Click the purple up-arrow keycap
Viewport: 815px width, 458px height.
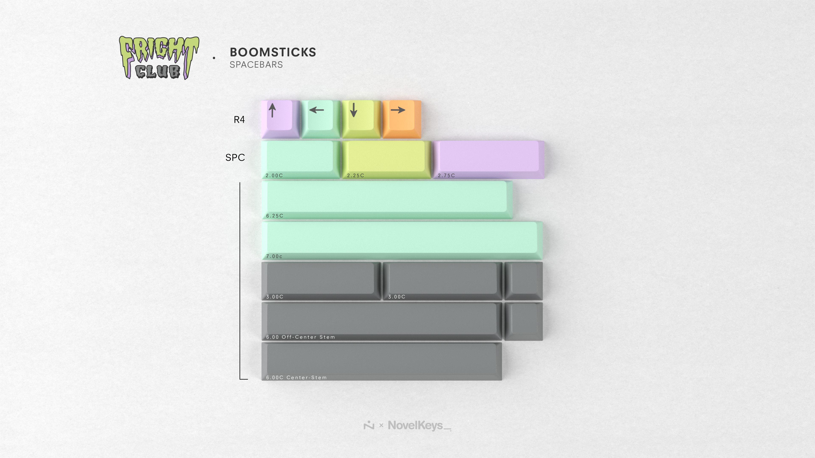(x=280, y=119)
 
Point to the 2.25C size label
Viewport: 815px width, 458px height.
(x=356, y=175)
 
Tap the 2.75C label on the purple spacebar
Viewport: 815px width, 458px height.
(x=446, y=175)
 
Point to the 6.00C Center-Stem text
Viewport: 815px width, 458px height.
(x=296, y=378)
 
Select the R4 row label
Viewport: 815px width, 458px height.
(x=239, y=120)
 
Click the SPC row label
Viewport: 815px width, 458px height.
(x=235, y=157)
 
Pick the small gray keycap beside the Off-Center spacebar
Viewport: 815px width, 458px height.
(x=524, y=322)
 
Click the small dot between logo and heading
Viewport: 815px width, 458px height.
(x=214, y=58)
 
